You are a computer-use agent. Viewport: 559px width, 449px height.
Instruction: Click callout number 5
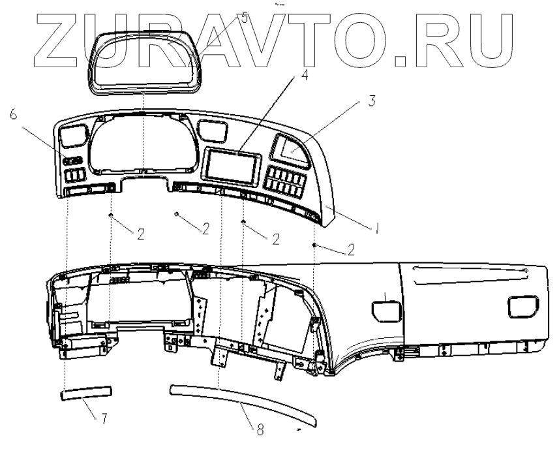(x=245, y=18)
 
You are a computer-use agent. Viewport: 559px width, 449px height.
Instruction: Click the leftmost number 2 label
(x=141, y=234)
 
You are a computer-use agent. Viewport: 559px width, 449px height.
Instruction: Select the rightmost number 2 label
(x=352, y=249)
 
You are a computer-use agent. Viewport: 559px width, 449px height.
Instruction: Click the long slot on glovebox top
(x=470, y=269)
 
